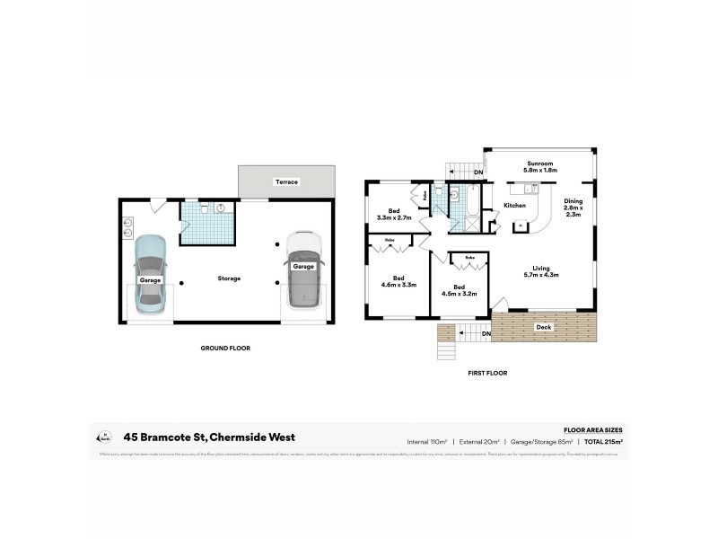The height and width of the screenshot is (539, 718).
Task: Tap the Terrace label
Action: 286,182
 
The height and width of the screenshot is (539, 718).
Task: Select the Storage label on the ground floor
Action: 229,278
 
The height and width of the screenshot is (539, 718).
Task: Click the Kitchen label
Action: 514,206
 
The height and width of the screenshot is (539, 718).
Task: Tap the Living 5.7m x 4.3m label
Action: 542,271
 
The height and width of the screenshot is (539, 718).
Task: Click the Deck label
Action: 544,327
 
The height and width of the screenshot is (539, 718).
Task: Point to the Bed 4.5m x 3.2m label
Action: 459,289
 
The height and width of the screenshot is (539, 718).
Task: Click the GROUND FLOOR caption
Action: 225,348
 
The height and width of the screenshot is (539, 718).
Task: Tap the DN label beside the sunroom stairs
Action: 478,172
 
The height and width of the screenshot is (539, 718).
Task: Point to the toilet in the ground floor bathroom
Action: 206,208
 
